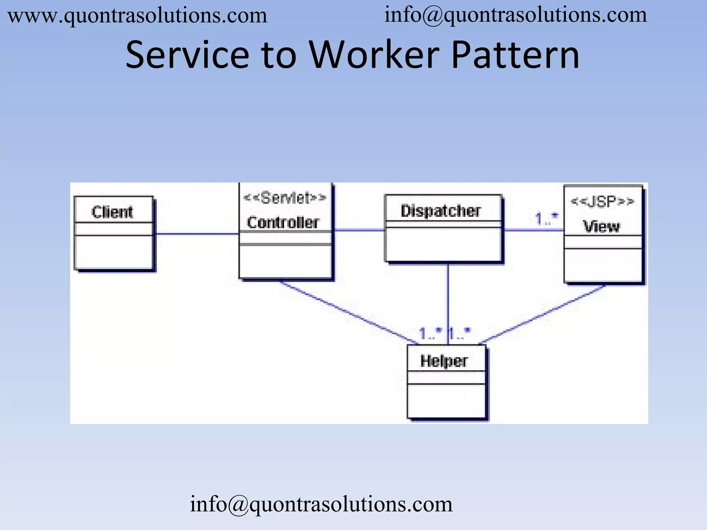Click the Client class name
coord(112,212)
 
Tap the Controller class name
coord(283,222)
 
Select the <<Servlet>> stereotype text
coord(285,198)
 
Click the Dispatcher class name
coord(441,210)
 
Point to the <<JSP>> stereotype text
coord(602,201)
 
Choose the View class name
coord(602,226)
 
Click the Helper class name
coord(444,361)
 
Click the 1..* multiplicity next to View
coord(546,219)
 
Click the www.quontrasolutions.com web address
coord(137,16)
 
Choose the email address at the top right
coord(516,15)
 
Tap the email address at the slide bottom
coord(321,504)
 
